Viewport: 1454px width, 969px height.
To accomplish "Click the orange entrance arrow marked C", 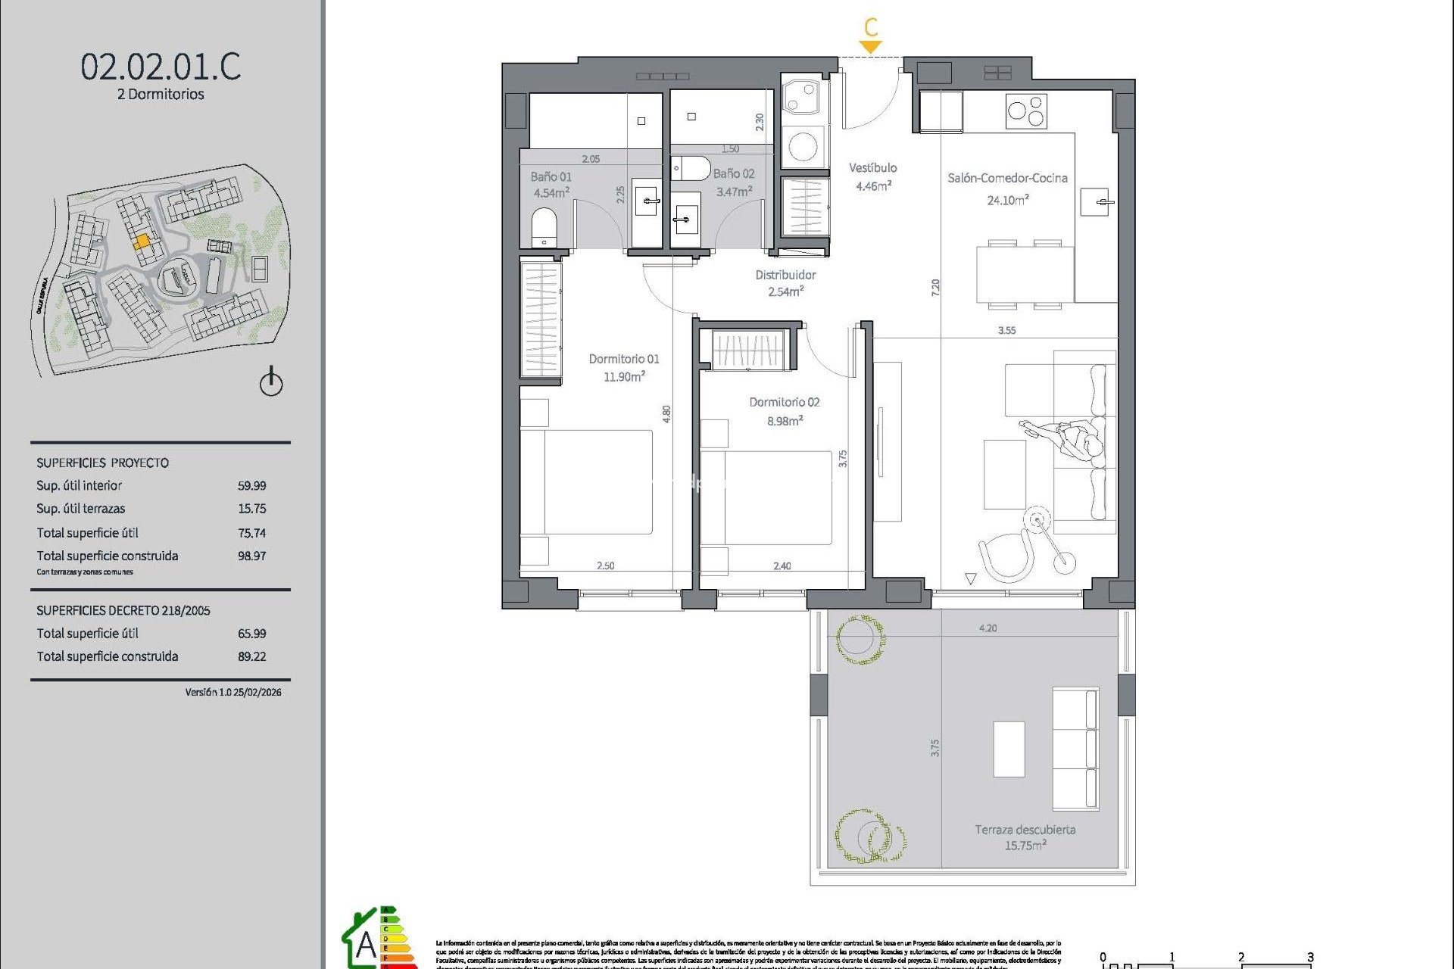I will tap(871, 45).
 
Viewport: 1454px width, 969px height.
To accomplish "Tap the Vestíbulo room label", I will tap(872, 168).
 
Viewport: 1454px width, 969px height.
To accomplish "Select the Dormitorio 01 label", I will tap(624, 359).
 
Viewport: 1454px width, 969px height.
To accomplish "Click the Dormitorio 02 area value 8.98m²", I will tap(785, 421).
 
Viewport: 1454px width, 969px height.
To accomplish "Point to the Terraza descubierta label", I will tap(1025, 830).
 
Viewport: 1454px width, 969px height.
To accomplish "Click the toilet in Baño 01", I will tap(544, 226).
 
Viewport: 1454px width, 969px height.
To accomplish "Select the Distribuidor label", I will tap(785, 275).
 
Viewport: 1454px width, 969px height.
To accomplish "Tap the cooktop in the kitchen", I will tap(1026, 111).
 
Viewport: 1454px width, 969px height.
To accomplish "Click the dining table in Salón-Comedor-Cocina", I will tap(1025, 274).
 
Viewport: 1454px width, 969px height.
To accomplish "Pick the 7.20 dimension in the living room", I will tap(935, 287).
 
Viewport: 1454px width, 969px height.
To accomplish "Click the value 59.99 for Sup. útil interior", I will tap(251, 486).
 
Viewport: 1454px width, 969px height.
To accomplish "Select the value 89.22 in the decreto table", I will tap(251, 656).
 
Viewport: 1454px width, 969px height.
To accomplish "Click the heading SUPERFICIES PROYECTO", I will tap(103, 463).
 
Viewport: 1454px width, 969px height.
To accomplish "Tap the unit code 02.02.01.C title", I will tap(161, 67).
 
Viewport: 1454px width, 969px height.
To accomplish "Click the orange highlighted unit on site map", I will tap(142, 241).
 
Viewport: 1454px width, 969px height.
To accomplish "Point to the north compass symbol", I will tap(271, 382).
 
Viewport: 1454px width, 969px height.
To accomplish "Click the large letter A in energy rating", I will tap(366, 945).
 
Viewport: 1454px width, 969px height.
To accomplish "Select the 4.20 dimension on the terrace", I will tap(988, 628).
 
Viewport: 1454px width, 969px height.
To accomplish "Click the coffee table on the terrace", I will tap(1009, 749).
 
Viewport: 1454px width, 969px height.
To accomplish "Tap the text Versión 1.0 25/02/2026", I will tap(233, 692).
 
